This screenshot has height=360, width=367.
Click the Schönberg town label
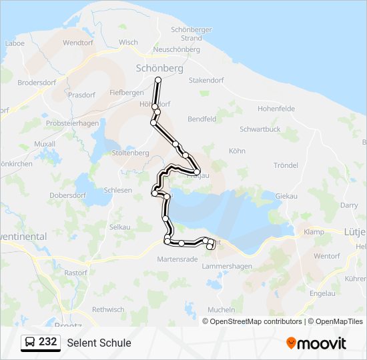point(159,68)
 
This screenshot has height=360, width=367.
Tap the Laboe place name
point(14,43)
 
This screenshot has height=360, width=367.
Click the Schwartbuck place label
point(260,130)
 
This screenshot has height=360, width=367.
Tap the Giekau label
point(286,197)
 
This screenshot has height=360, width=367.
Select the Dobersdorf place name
point(68,196)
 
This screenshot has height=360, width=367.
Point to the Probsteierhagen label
point(72,123)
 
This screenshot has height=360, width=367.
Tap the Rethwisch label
point(108,309)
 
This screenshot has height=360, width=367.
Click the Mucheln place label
point(222,310)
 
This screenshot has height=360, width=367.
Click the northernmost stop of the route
point(159,80)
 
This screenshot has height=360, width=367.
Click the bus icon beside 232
point(30,343)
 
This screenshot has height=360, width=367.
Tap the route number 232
point(47,342)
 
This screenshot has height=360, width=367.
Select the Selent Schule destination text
point(99,343)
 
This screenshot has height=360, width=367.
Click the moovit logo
point(316,343)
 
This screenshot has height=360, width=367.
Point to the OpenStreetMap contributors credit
point(256,321)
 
